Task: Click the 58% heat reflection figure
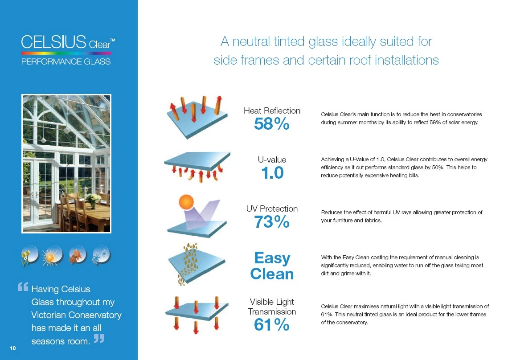tap(271, 125)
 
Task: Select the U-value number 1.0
tap(271, 173)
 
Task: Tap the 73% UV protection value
tap(271, 221)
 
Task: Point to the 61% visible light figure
tap(271, 325)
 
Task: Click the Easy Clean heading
tap(272, 266)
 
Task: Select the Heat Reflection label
tap(272, 110)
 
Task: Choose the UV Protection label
tap(272, 209)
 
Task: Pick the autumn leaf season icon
tap(77, 256)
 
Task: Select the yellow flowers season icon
tap(30, 256)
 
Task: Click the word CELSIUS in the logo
tap(53, 42)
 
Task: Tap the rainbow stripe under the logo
tap(66, 53)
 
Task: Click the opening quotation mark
tap(23, 287)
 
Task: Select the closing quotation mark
tap(99, 339)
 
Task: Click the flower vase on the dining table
tap(93, 200)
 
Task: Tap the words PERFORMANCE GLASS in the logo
tap(66, 61)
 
